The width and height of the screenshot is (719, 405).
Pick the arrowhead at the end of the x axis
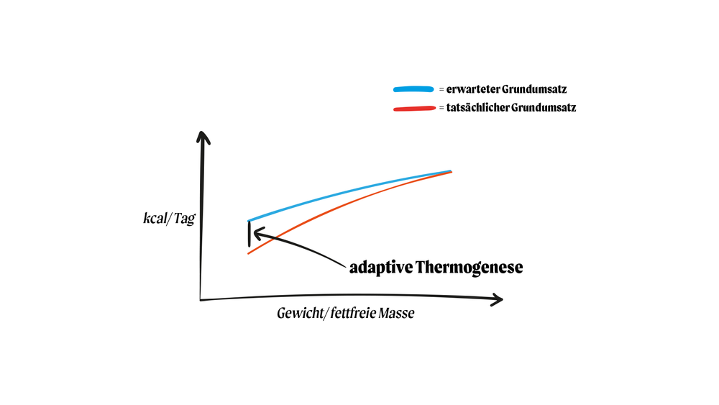[x=497, y=299]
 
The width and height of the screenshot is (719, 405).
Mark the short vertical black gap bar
[x=249, y=234]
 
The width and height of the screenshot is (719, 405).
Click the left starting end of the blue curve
[x=249, y=220]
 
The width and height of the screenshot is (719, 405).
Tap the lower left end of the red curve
[x=248, y=252]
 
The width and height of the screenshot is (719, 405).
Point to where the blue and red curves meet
[x=449, y=171]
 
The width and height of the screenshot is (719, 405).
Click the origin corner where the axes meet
[x=201, y=298]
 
